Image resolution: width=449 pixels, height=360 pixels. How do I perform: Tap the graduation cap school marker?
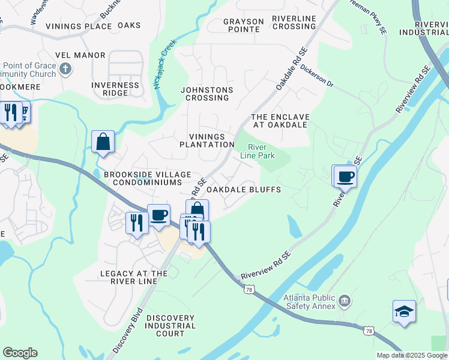click(405, 311)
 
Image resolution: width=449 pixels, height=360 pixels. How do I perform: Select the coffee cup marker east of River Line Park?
click(345, 176)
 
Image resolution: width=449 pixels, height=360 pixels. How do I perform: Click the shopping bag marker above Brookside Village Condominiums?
click(103, 142)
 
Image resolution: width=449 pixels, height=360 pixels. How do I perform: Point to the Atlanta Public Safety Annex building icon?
click(345, 299)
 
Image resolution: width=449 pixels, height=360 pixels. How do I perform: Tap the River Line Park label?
click(258, 151)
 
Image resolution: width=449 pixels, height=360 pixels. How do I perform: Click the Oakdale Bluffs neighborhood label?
click(244, 190)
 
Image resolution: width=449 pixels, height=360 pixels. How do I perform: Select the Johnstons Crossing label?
click(207, 94)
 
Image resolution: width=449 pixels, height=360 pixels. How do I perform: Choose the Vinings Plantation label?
click(207, 140)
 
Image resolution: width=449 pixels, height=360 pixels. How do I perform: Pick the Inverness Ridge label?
click(115, 89)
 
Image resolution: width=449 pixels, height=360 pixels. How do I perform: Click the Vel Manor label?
click(80, 55)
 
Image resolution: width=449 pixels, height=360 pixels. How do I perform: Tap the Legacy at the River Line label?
click(134, 278)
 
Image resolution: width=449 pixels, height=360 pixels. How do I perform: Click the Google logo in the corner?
click(20, 353)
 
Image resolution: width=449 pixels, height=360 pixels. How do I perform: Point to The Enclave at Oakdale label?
click(280, 121)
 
